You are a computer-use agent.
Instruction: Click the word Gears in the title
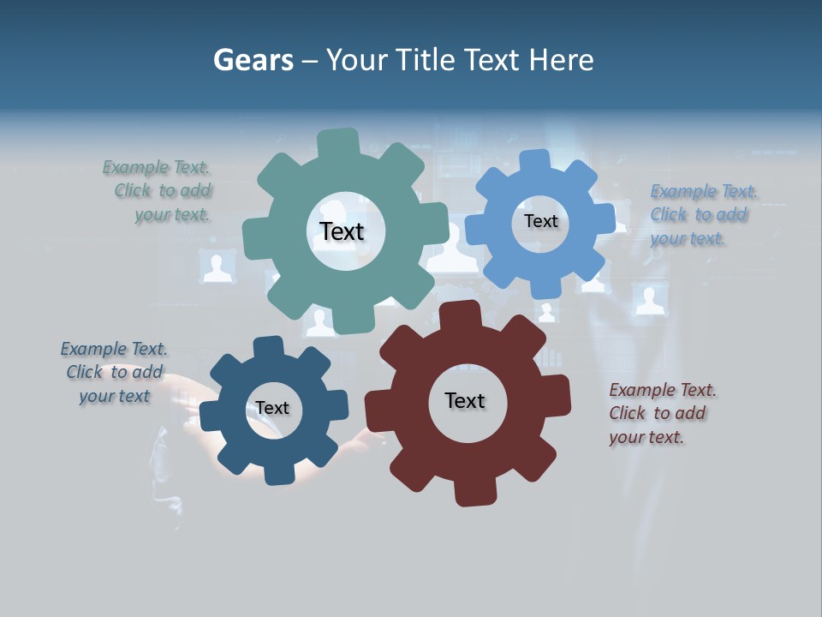click(253, 60)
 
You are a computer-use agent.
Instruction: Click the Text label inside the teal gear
click(342, 231)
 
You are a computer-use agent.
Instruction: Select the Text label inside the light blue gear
click(540, 221)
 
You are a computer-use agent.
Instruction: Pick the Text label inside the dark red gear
click(465, 400)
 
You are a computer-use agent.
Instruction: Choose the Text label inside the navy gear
click(272, 408)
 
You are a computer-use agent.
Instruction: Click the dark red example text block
click(661, 414)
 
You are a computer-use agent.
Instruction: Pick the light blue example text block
click(702, 215)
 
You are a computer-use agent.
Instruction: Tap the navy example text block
click(115, 373)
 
